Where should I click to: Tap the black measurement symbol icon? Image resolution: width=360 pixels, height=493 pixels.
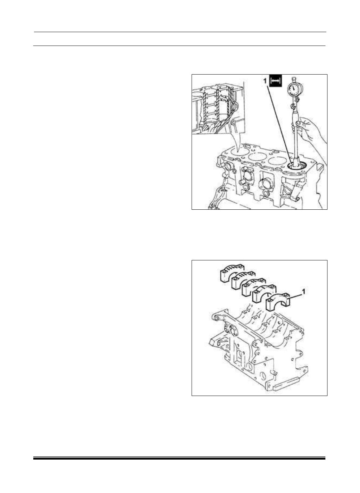[276, 81]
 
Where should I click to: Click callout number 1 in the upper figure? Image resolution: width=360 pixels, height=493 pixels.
[265, 81]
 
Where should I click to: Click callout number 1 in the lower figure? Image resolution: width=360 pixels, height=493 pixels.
[303, 292]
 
